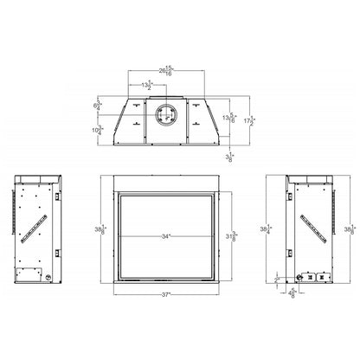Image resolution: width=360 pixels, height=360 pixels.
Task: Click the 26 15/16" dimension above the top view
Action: click(x=180, y=71)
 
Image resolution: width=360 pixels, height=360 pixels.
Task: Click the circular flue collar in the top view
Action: click(x=165, y=115)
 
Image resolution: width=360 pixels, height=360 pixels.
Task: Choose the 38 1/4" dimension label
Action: click(x=277, y=231)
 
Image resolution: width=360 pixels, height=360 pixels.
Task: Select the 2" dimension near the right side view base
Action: click(x=277, y=280)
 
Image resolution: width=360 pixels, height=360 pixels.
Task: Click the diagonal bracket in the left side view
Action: click(x=37, y=227)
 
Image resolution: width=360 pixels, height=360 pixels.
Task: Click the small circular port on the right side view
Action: click(x=303, y=279)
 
